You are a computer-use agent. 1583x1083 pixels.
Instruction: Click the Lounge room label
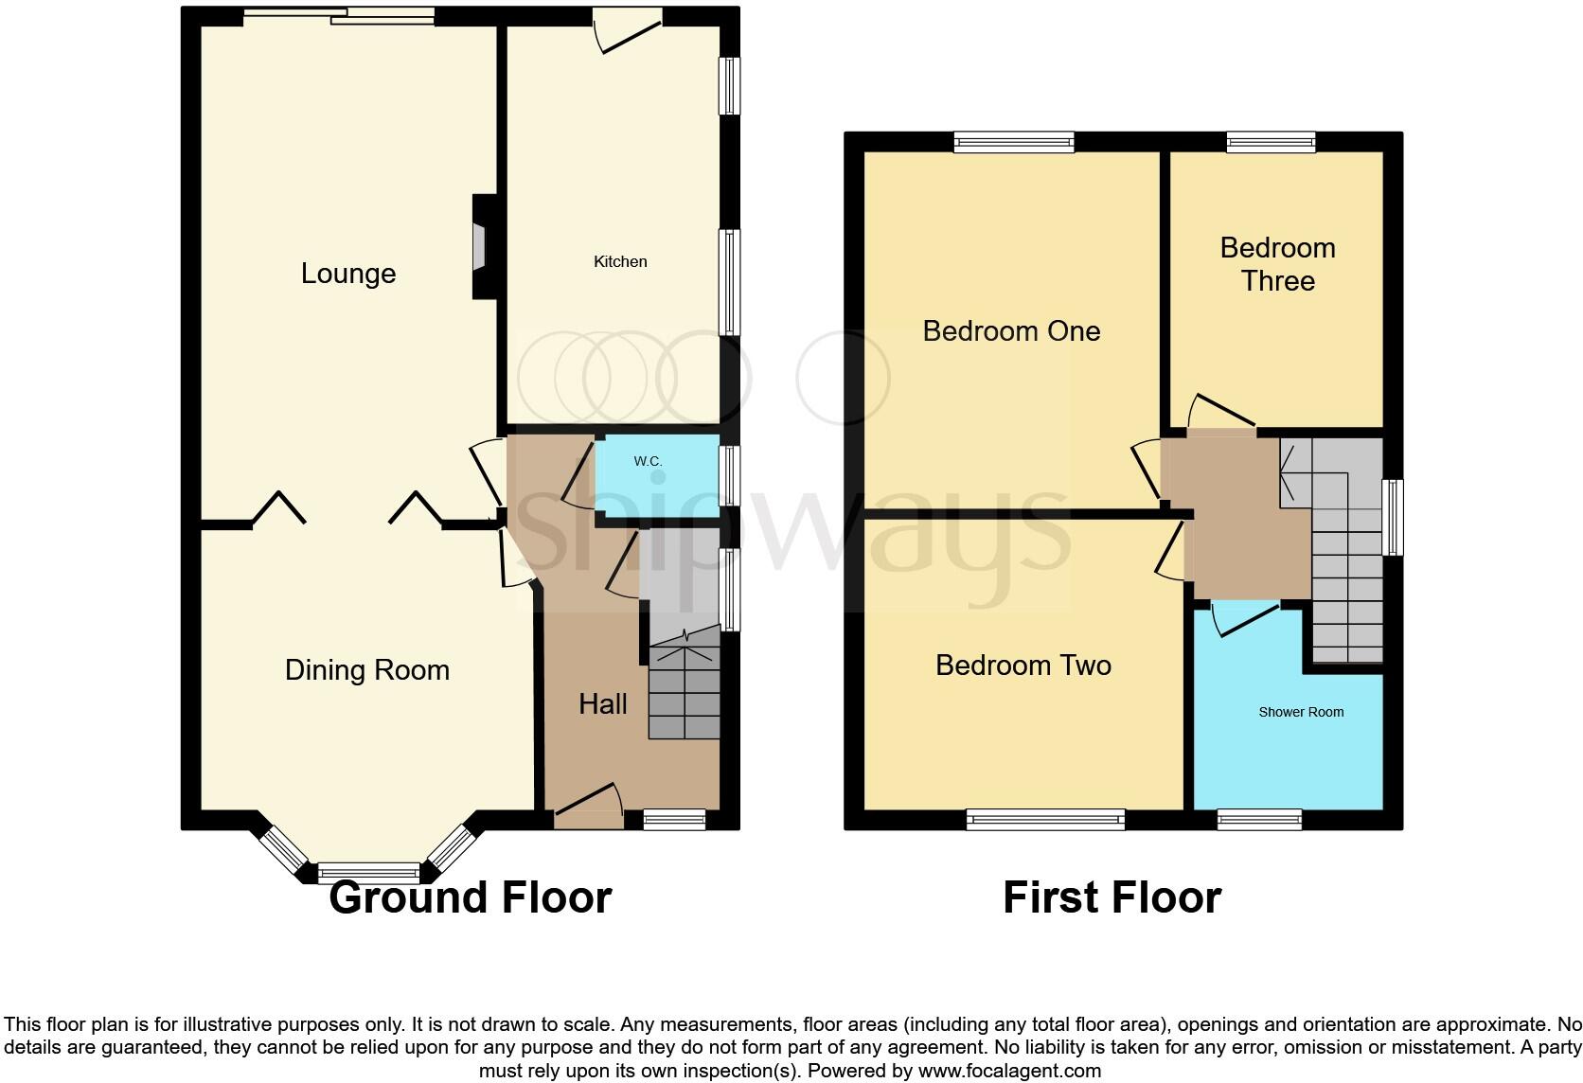coord(348,274)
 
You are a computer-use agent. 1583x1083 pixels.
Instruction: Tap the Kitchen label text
coord(620,261)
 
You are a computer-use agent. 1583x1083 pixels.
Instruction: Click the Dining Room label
coord(367,670)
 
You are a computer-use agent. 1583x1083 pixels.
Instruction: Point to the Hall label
coord(603,704)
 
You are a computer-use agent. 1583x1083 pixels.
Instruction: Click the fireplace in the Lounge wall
coord(481,248)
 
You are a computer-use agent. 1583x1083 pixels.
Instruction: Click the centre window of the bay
coord(368,873)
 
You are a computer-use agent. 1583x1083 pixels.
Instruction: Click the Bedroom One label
coord(1011,331)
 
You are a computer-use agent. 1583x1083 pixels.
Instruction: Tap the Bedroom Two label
coord(1023,666)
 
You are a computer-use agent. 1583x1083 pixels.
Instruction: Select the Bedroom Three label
coord(1277,264)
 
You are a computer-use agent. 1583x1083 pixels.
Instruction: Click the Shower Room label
coord(1301,712)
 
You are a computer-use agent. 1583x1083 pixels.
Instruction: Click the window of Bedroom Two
coord(1045,820)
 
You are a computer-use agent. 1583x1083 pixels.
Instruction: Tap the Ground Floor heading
coord(470,897)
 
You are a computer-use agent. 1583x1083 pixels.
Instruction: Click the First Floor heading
coord(1112,897)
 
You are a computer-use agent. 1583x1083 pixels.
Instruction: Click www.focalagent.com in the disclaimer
coord(1009,1071)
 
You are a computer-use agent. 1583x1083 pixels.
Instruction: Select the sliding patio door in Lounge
coord(339,16)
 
